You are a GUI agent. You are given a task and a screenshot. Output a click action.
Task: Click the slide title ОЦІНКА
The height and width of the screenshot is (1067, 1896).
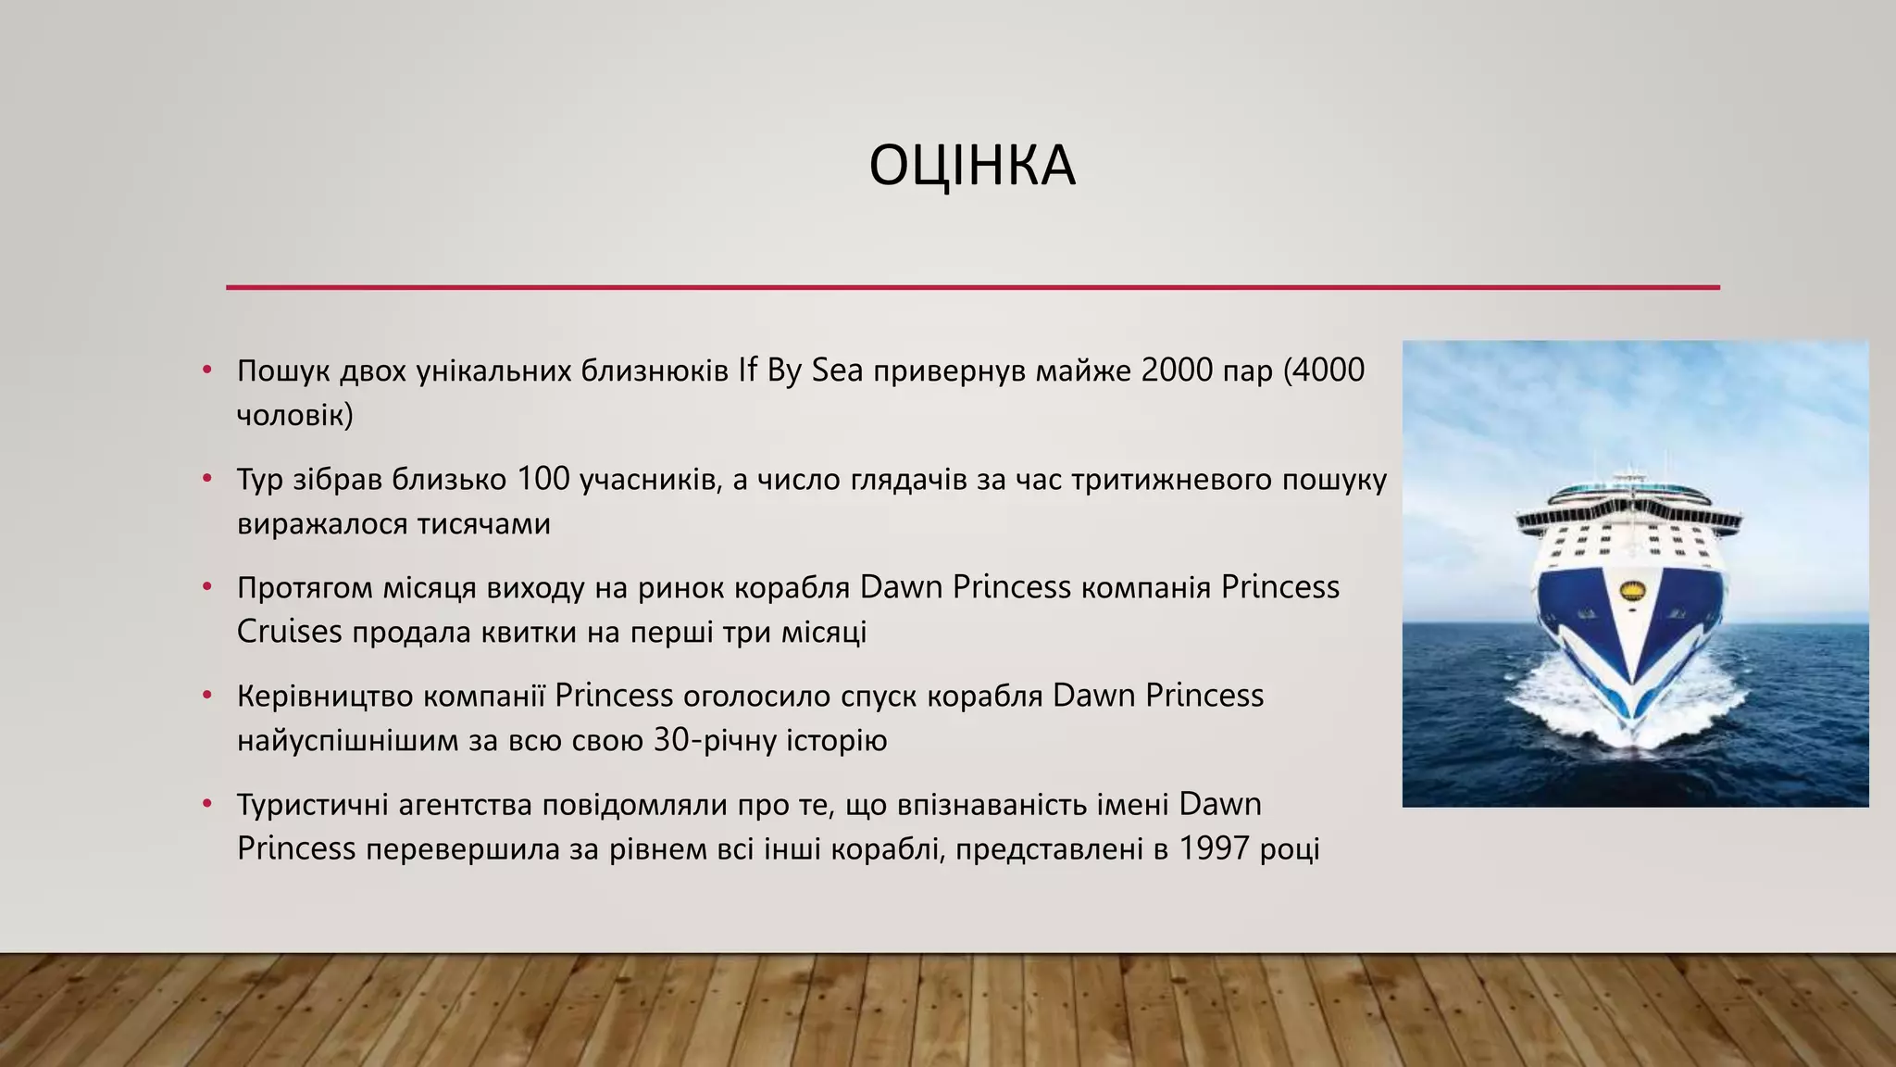[972, 167]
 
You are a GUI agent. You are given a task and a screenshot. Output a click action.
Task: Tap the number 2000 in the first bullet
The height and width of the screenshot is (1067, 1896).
[1178, 370]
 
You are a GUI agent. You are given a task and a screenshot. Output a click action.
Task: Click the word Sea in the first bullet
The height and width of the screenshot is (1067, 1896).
[837, 370]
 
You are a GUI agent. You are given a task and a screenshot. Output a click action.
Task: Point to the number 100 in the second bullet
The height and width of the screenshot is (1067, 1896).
[543, 480]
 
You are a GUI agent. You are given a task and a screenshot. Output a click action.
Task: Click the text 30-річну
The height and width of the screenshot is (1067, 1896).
[715, 741]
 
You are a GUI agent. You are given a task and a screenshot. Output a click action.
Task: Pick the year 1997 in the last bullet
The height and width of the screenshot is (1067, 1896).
[1215, 849]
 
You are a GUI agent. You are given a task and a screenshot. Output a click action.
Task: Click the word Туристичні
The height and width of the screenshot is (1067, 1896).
[312, 805]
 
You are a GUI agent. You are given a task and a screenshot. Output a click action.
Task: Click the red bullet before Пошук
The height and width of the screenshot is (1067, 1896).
[207, 370]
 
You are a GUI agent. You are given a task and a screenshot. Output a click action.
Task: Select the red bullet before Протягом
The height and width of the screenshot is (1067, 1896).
[207, 587]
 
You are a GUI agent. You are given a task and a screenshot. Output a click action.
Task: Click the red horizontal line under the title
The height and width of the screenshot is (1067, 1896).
[972, 287]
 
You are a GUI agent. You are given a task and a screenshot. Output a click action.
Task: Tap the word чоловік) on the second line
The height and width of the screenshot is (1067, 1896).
[294, 415]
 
